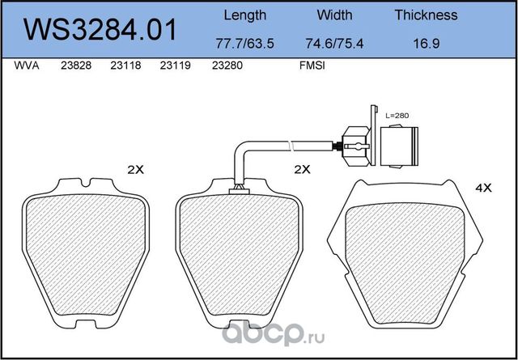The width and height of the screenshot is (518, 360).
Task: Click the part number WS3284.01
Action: pos(100,30)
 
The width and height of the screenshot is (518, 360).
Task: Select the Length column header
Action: pos(244,15)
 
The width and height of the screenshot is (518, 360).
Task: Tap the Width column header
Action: pos(334,15)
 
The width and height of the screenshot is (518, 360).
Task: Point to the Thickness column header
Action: pos(427,15)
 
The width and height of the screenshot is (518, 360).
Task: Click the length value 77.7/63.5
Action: pos(244,44)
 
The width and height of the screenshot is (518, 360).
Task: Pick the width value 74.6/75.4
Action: pos(334,44)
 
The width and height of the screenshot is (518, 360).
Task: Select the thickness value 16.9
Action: pos(427,44)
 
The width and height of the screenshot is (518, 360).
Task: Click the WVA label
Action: pos(27,66)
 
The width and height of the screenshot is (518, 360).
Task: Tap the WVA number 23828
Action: pos(76,66)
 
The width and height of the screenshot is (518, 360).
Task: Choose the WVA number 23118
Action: pos(125,66)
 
